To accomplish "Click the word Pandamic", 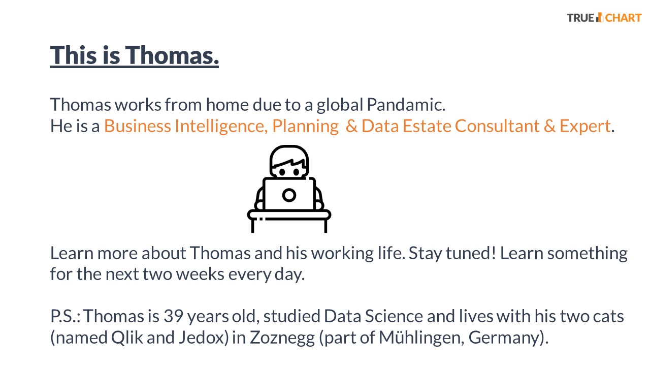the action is tap(406, 105).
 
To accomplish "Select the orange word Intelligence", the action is tap(221, 127).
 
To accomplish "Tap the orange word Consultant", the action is tap(497, 126).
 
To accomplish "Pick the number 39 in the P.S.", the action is tap(173, 316).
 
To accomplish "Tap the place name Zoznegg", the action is tap(282, 338).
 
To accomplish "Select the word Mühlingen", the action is tap(419, 338).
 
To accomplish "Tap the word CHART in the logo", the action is tap(623, 18).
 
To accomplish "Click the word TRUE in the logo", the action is tap(580, 18).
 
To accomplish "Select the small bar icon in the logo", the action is tap(600, 17).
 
